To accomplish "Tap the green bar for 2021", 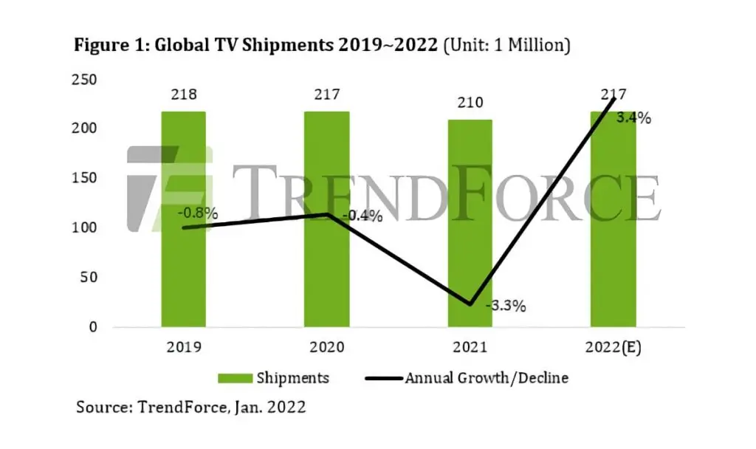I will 470,222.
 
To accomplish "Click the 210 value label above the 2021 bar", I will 470,95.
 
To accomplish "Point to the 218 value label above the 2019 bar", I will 184,95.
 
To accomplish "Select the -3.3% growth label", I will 506,305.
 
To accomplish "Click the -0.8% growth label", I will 198,213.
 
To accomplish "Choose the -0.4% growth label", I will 362,216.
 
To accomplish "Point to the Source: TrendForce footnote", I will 190,407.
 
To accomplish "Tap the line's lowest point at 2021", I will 470,304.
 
